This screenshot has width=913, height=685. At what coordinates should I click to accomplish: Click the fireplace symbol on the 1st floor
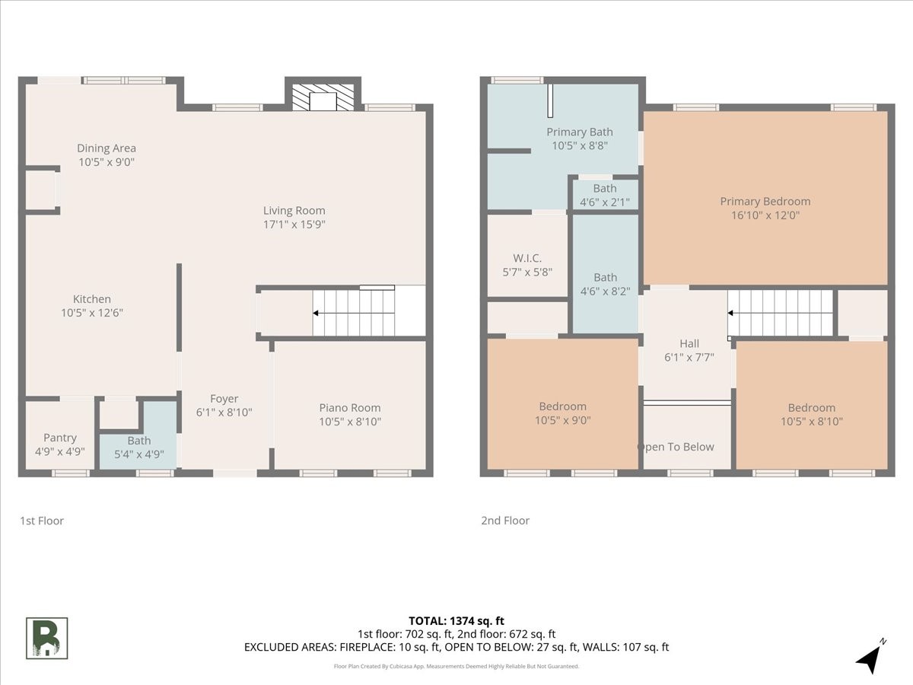pos(323,97)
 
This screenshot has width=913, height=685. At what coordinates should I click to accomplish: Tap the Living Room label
pos(294,211)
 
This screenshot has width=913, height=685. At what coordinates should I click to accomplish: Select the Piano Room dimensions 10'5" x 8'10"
pos(350,422)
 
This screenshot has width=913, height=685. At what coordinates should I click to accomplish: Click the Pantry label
pos(60,438)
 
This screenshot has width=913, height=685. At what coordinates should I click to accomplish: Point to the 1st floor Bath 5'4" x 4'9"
pos(139,447)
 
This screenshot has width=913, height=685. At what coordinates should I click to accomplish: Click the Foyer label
pos(224,399)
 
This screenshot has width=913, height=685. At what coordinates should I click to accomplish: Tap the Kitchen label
pos(92,299)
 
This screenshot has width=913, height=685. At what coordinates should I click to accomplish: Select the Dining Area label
pos(107,148)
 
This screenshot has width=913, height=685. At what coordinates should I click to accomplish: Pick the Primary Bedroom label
pos(765,201)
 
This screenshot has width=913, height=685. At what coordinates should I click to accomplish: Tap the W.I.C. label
pos(527,258)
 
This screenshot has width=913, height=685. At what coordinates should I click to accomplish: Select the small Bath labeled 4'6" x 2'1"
pos(605,196)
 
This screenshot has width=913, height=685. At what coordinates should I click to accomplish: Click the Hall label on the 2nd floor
pos(689,343)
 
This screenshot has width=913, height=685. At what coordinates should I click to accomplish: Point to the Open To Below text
pos(676,447)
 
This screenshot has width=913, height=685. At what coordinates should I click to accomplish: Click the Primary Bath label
pos(580,132)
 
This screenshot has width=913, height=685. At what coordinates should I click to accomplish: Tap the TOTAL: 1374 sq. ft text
pos(456,621)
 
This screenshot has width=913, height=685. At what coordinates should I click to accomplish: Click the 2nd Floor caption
pos(505,521)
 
